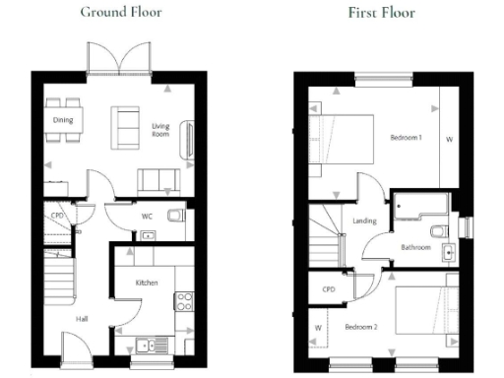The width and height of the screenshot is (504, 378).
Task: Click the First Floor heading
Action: [x=381, y=13]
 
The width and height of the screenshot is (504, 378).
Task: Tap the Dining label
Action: [x=64, y=121]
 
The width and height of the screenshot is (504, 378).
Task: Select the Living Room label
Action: [x=161, y=132]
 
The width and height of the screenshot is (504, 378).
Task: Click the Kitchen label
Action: [x=147, y=283]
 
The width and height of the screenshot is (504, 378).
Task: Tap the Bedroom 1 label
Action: [x=406, y=138]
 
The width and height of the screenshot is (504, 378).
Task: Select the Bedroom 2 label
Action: [x=360, y=326]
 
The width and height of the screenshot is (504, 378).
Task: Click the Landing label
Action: [x=364, y=221]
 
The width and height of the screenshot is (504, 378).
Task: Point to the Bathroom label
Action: [x=415, y=247]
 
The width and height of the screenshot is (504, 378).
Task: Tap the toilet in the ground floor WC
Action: [x=176, y=216]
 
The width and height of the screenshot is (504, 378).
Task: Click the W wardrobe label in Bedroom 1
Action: [x=450, y=139]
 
